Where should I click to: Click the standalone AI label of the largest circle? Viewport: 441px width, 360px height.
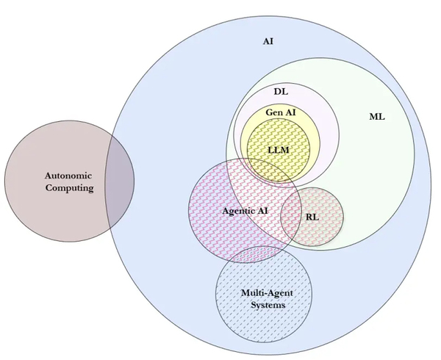point(268,41)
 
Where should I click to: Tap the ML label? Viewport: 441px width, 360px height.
point(376,117)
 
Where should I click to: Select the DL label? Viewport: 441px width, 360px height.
point(280,92)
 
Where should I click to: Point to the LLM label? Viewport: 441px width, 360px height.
point(278,150)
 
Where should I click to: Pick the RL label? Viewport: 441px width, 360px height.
point(312,218)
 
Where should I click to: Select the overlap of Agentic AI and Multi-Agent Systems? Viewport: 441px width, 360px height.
point(243,257)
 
